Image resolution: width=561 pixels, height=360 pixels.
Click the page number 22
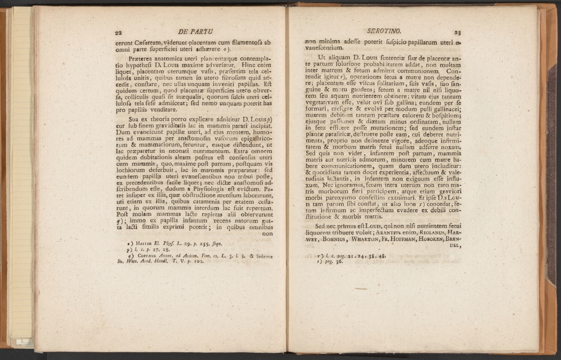pyautogui.click(x=119, y=32)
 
